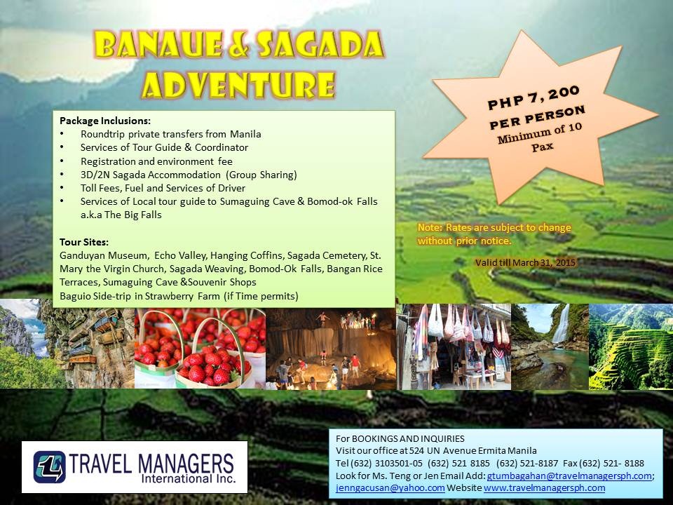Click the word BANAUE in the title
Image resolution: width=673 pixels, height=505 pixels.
click(x=158, y=43)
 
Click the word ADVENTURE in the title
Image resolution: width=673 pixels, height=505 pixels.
click(x=238, y=85)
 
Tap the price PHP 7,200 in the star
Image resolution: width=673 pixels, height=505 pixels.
click(x=533, y=98)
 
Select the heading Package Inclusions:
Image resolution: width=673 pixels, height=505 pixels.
click(x=105, y=121)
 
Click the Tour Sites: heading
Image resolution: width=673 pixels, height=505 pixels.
click(x=84, y=242)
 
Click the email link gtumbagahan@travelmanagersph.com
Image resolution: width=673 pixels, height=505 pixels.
click(x=569, y=476)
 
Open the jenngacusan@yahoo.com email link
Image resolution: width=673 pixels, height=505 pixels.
click(x=390, y=488)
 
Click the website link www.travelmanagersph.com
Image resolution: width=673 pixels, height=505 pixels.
click(x=544, y=488)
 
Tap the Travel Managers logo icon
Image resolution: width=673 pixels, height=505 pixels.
click(x=49, y=467)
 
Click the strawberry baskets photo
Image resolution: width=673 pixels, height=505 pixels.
click(x=200, y=349)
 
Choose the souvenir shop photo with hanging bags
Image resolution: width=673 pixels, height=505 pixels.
click(x=454, y=346)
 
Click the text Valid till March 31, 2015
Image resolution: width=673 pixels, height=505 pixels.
click(x=525, y=262)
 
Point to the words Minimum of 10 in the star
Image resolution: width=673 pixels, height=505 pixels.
click(x=540, y=133)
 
